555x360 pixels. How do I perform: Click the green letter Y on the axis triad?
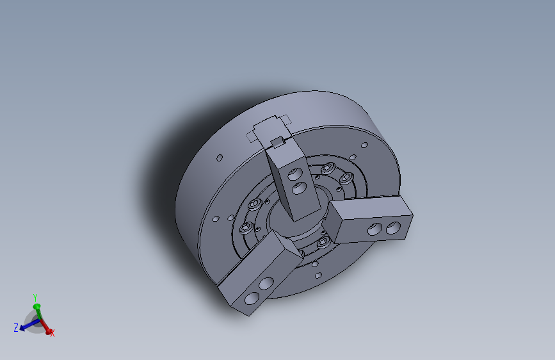(x=35, y=297)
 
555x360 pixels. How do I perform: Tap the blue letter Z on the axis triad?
(x=16, y=328)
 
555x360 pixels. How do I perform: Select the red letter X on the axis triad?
(x=52, y=333)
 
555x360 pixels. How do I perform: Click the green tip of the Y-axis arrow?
(x=36, y=306)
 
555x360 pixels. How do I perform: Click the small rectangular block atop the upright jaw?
(x=278, y=142)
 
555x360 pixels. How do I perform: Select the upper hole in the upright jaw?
(x=294, y=174)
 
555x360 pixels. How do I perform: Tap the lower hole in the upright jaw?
(x=300, y=188)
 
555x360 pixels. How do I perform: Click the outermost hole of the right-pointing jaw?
(x=393, y=227)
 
